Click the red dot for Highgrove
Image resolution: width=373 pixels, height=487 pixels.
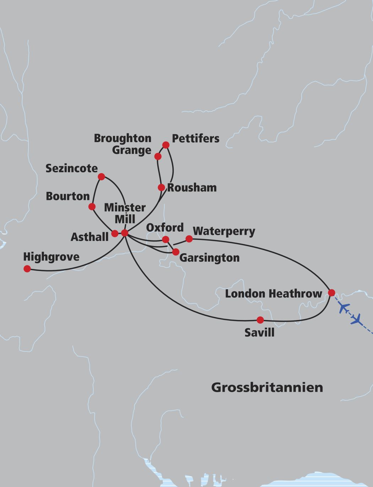(x=27, y=269)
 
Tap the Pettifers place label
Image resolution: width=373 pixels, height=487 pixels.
(x=195, y=138)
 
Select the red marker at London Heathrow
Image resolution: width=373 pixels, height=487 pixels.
(x=331, y=293)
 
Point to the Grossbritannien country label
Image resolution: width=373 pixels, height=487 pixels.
(x=267, y=387)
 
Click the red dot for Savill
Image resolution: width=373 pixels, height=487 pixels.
(x=260, y=320)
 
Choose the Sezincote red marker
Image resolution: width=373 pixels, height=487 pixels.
(x=101, y=177)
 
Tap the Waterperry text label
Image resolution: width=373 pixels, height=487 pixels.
(x=224, y=231)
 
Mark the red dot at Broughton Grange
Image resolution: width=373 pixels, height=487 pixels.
(x=158, y=156)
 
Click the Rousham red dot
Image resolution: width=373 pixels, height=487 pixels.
(x=161, y=188)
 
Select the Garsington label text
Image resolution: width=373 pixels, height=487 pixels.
(x=209, y=258)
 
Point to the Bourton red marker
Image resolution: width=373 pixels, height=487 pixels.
(x=92, y=206)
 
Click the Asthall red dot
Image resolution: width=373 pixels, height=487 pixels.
(x=115, y=233)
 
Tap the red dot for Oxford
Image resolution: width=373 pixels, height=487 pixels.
(x=165, y=240)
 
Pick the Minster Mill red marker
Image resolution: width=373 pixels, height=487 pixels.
(x=125, y=233)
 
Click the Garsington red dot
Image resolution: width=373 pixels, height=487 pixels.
(x=175, y=252)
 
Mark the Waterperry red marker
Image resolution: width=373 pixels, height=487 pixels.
(x=189, y=239)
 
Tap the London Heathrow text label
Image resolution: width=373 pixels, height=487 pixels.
(x=274, y=294)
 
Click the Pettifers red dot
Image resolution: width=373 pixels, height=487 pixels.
(x=166, y=145)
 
